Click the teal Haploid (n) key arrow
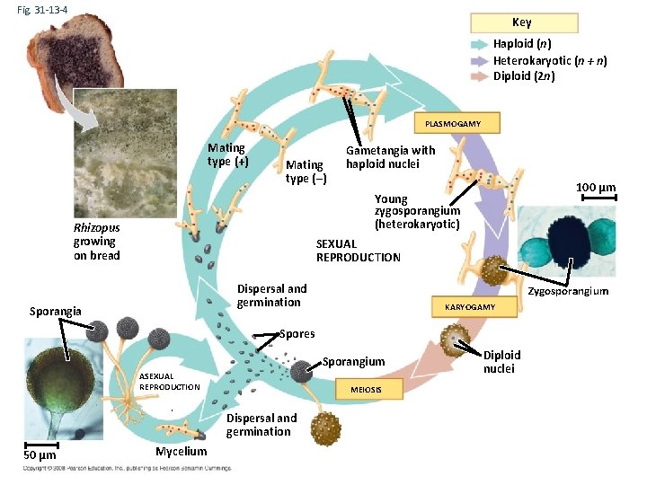click(478, 44)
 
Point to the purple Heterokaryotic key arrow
click(478, 60)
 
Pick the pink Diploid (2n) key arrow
click(478, 76)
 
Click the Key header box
click(521, 22)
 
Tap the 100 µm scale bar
click(595, 198)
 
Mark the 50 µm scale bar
click(40, 443)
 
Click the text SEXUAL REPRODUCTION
click(358, 251)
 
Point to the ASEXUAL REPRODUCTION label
click(169, 381)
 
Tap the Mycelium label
click(181, 452)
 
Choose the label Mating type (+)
click(226, 154)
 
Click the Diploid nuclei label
click(501, 362)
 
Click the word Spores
click(297, 333)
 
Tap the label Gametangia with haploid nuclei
click(390, 157)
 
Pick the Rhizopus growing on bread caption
click(96, 242)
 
